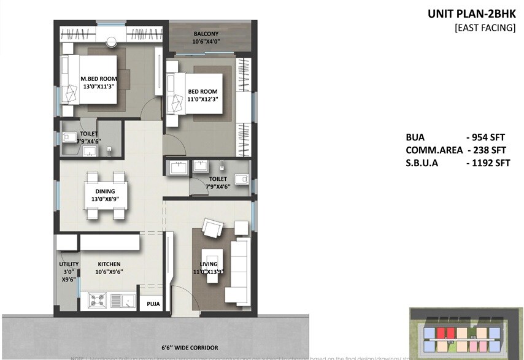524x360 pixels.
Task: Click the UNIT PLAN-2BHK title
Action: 472,13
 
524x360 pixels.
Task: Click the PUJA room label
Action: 150,303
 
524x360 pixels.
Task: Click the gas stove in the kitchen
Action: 96,300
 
